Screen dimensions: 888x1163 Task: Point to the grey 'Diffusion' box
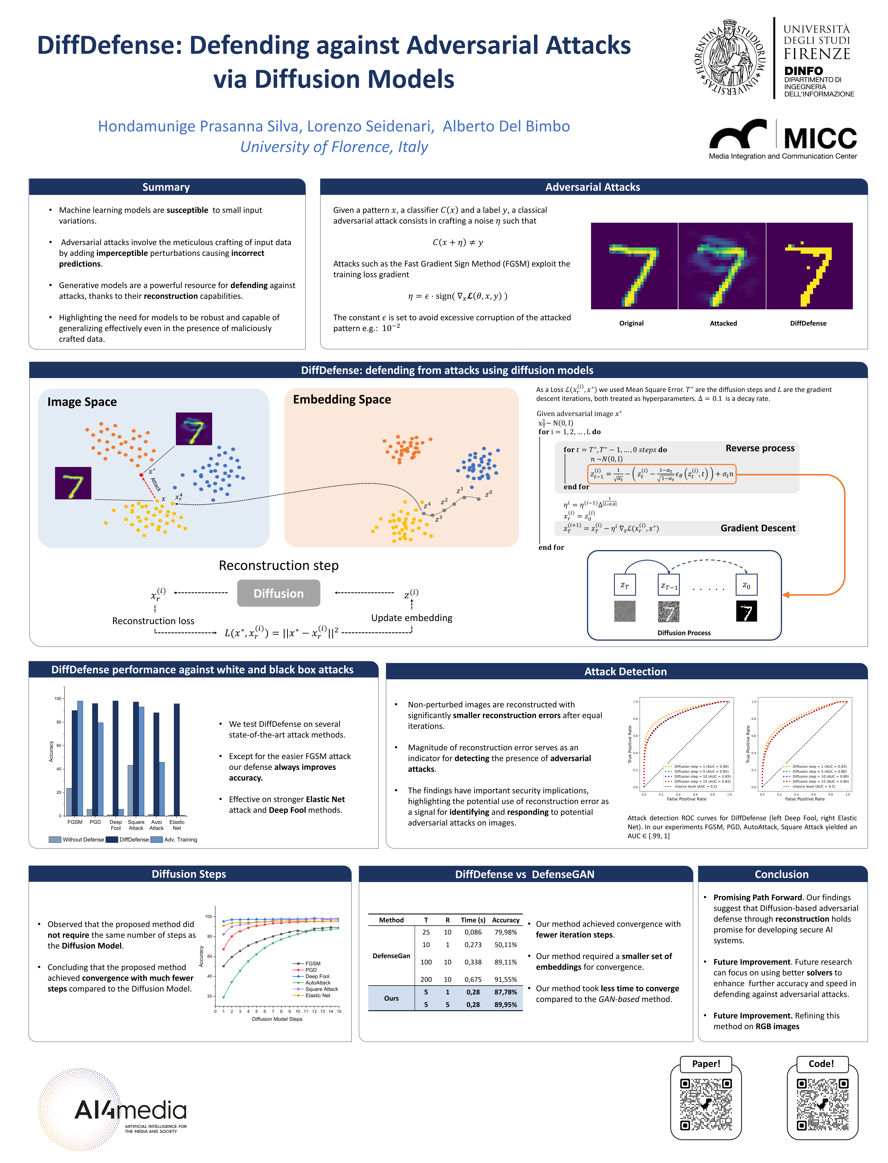279,593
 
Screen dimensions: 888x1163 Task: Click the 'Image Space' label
82,402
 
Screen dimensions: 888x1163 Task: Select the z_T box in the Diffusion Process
624,585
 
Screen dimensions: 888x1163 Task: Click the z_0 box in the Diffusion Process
746,585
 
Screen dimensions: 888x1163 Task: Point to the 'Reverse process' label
760,448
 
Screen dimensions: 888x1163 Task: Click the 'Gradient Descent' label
758,528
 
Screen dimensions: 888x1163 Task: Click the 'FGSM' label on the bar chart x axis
75,822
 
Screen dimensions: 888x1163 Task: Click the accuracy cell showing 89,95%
505,1004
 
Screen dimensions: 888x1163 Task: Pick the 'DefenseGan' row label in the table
391,956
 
